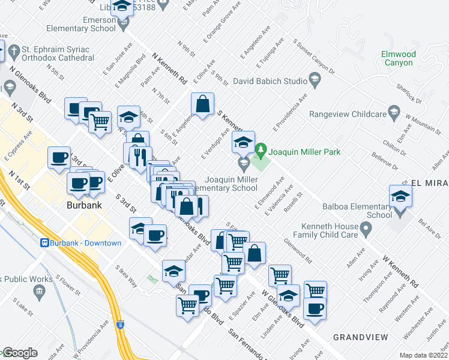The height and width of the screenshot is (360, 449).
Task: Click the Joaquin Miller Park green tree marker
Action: coord(261,149)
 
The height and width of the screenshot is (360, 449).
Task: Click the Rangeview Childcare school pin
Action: coord(393,112)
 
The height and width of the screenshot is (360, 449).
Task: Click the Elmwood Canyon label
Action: coord(399,58)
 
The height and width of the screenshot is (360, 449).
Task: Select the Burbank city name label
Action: coord(83,205)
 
